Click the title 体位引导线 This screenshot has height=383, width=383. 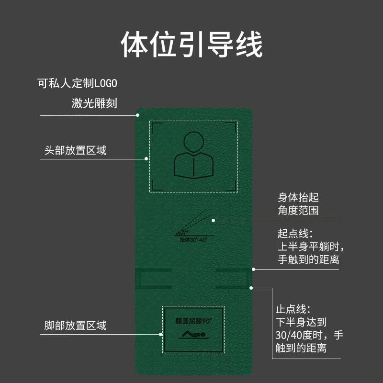pos(191,45)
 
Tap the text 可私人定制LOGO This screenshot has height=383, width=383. pos(78,83)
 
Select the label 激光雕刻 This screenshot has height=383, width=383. pos(91,103)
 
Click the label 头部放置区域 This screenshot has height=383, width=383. pos(75,150)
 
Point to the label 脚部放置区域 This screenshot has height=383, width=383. pos(75,326)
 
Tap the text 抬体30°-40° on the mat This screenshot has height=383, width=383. pos(193,239)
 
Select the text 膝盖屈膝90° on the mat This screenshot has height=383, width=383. pos(193,319)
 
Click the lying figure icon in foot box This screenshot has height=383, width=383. pos(193,334)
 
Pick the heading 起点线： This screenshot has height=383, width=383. pos(295,234)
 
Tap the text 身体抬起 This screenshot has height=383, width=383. pos(298,197)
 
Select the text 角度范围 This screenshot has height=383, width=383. pos(298,210)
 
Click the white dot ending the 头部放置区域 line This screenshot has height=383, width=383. pos(146,158)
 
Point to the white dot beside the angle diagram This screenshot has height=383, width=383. pos(214,220)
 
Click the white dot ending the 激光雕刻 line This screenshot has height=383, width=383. pos(137,115)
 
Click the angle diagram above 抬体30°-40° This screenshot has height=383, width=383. pos(193,225)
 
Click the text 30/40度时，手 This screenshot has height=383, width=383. pos(310,335)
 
